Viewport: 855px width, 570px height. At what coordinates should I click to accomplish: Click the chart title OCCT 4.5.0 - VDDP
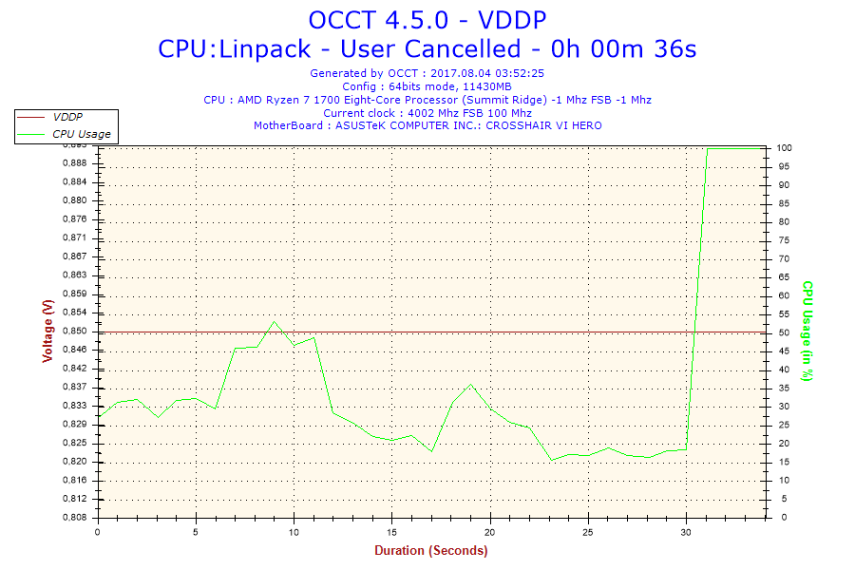pyautogui.click(x=427, y=20)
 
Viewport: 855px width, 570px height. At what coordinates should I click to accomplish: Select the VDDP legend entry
pyautogui.click(x=67, y=116)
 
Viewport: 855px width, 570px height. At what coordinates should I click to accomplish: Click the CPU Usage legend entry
pyautogui.click(x=81, y=134)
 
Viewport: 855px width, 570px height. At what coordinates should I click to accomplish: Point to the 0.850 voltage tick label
pyautogui.click(x=74, y=331)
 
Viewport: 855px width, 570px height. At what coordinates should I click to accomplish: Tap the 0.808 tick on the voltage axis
pyautogui.click(x=74, y=518)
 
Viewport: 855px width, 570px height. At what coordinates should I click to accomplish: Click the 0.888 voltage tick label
pyautogui.click(x=74, y=163)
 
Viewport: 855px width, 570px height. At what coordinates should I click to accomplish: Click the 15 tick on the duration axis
pyautogui.click(x=392, y=532)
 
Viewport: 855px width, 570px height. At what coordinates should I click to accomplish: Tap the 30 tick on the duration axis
pyautogui.click(x=687, y=532)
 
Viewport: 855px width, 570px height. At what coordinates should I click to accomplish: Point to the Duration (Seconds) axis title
pyautogui.click(x=430, y=550)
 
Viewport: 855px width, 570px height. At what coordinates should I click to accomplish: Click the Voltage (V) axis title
pyautogui.click(x=47, y=331)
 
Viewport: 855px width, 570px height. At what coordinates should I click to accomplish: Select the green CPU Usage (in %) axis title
pyautogui.click(x=807, y=331)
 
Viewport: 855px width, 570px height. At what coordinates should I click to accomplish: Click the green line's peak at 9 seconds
pyautogui.click(x=275, y=321)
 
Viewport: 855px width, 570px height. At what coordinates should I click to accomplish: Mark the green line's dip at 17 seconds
pyautogui.click(x=431, y=451)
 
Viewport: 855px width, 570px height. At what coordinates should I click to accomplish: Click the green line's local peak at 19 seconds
pyautogui.click(x=471, y=385)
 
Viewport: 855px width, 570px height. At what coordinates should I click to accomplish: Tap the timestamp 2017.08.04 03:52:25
pyautogui.click(x=493, y=72)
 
